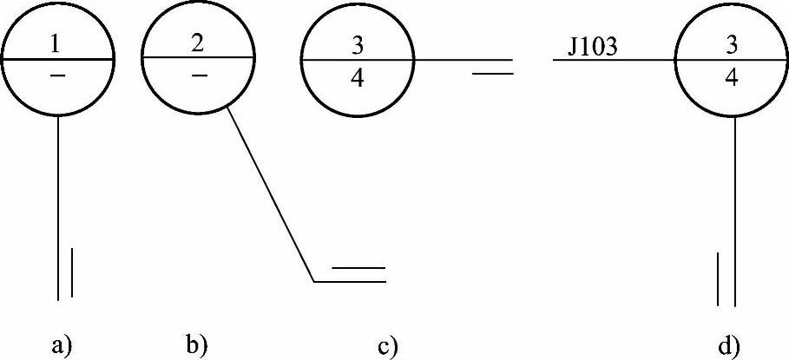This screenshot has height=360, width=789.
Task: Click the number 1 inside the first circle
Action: tap(57, 42)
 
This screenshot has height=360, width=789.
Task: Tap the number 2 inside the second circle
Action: tap(198, 41)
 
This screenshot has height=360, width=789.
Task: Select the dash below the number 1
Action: tap(57, 77)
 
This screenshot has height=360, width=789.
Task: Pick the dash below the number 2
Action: tap(199, 75)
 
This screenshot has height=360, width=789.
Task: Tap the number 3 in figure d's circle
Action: tap(731, 43)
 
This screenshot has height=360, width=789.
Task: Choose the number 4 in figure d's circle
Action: tap(731, 78)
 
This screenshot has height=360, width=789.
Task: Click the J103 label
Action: tap(593, 46)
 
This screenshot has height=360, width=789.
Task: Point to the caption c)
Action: tap(387, 346)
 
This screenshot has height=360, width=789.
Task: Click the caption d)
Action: tap(729, 344)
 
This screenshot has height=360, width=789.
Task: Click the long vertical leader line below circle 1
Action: tap(57, 208)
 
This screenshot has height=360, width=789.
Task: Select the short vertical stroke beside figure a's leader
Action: tap(71, 272)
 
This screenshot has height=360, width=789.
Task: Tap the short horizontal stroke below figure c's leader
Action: tap(495, 75)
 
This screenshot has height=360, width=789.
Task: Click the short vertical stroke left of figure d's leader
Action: tap(719, 278)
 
